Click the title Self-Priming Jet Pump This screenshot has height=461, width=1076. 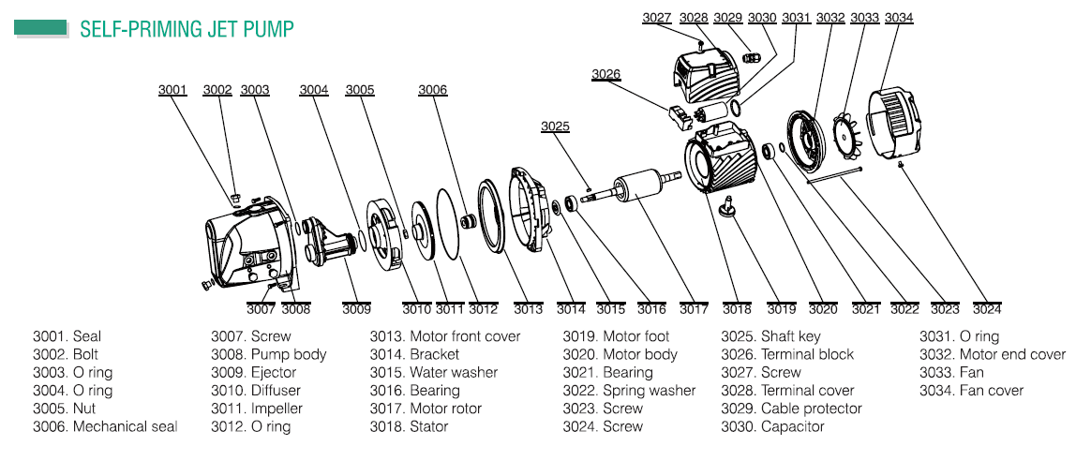click(x=187, y=28)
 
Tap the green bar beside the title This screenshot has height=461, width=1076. click(x=40, y=28)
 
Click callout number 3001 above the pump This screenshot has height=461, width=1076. click(x=172, y=90)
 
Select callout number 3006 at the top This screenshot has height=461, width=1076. click(x=433, y=90)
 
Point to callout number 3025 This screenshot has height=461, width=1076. click(x=555, y=126)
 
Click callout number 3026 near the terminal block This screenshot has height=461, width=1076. click(x=605, y=74)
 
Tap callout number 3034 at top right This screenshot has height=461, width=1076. click(x=898, y=17)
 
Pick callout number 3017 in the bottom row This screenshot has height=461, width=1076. click(x=695, y=309)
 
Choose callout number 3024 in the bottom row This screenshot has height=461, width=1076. click(x=987, y=309)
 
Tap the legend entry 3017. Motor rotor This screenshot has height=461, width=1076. click(x=426, y=409)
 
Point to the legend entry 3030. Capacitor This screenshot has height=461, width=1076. click(x=772, y=426)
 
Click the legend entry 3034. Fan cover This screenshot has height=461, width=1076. click(x=971, y=391)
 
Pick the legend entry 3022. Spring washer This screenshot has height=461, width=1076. click(x=629, y=391)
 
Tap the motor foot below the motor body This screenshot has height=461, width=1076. click(x=727, y=207)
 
